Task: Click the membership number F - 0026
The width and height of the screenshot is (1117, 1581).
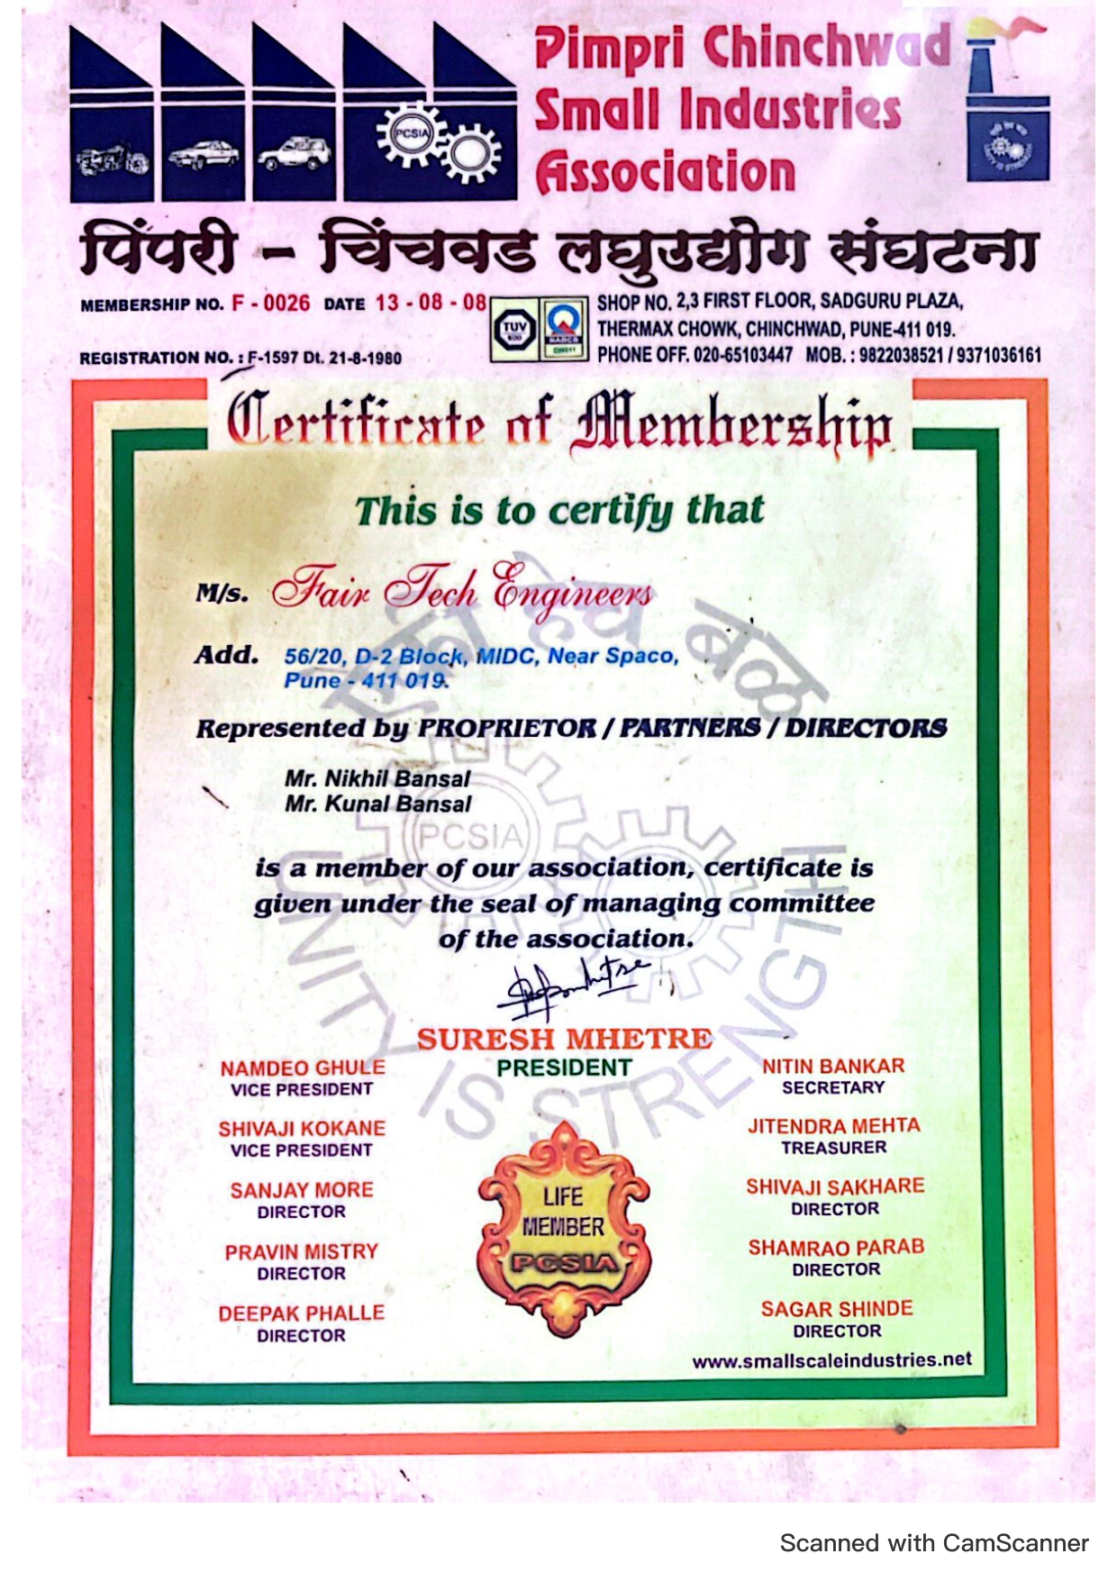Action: (x=270, y=303)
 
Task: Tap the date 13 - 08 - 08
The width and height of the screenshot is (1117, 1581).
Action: (x=431, y=303)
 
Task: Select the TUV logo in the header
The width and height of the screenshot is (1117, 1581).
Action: (x=514, y=330)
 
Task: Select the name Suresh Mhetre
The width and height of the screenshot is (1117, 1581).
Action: (x=564, y=1039)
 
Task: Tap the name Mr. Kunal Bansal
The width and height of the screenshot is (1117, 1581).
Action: (x=378, y=804)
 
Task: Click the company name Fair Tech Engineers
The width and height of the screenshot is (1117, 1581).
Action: (x=463, y=590)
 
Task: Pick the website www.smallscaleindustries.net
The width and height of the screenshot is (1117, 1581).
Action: (x=831, y=1360)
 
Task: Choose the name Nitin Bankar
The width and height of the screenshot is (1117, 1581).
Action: (x=833, y=1066)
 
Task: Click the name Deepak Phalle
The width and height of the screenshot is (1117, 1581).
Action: (x=301, y=1313)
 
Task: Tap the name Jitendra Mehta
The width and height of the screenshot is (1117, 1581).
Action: (x=833, y=1126)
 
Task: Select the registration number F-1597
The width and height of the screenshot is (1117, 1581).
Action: (x=274, y=358)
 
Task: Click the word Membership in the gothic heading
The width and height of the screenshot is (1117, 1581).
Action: (x=731, y=423)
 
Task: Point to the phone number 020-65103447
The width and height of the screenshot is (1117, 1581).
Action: (x=742, y=355)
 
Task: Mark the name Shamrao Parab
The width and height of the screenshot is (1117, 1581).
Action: (x=836, y=1248)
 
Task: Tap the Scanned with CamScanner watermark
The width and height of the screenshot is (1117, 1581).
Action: (x=934, y=1543)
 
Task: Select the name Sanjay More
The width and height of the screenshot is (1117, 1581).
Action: (x=301, y=1190)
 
